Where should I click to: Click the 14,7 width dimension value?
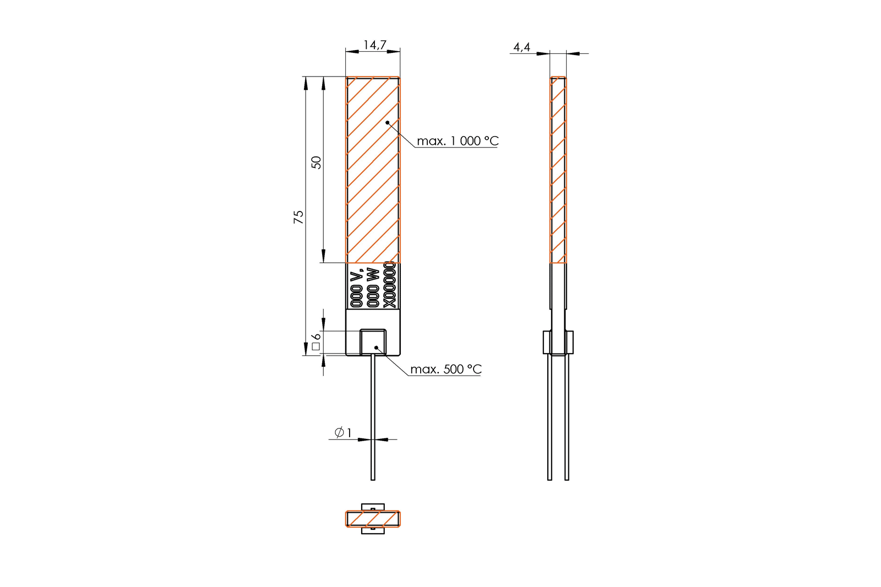374,45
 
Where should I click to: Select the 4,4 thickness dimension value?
522,47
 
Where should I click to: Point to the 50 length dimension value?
316,162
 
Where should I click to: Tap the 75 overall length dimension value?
298,217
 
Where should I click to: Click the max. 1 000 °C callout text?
458,141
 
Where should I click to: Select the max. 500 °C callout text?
445,369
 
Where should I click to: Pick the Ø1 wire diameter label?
343,432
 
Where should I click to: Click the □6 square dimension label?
316,341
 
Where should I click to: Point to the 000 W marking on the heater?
372,288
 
